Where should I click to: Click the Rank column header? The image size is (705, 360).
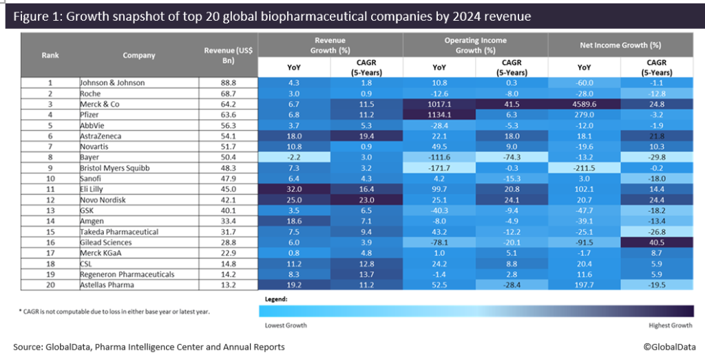(50, 55)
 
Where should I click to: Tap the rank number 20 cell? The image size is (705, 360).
(50, 285)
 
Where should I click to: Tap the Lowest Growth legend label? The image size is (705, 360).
(286, 324)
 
